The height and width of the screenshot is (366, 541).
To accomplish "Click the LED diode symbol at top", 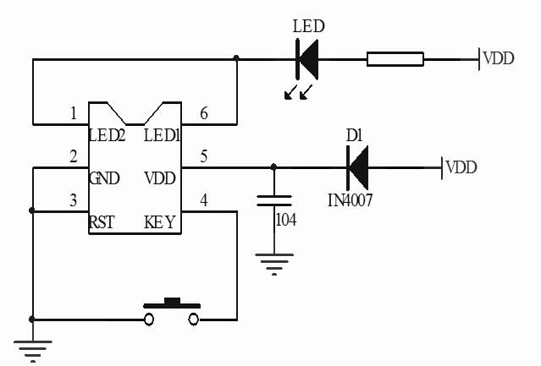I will pyautogui.click(x=306, y=58).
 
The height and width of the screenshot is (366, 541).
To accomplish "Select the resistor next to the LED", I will pyautogui.click(x=395, y=58).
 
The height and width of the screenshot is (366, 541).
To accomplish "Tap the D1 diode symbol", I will pyautogui.click(x=357, y=167).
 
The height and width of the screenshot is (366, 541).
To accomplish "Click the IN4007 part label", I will pyautogui.click(x=351, y=201).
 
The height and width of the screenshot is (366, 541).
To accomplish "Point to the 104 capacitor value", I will pyautogui.click(x=287, y=220).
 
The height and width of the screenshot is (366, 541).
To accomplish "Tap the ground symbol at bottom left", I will pyautogui.click(x=32, y=348).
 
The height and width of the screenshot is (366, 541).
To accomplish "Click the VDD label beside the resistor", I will pyautogui.click(x=500, y=58).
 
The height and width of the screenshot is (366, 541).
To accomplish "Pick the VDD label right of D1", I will pyautogui.click(x=461, y=167).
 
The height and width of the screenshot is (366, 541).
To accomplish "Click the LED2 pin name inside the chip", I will pyautogui.click(x=108, y=134).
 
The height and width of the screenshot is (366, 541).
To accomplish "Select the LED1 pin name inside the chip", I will pyautogui.click(x=162, y=134).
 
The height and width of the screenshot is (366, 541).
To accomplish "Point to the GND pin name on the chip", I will pyautogui.click(x=104, y=178).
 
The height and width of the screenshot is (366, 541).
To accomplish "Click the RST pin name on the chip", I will pyautogui.click(x=102, y=223).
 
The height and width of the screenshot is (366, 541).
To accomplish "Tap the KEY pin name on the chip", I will pyautogui.click(x=160, y=223).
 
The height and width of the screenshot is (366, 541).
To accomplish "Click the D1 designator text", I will pyautogui.click(x=354, y=134).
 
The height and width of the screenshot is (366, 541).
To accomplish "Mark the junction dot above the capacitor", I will pyautogui.click(x=273, y=167).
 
